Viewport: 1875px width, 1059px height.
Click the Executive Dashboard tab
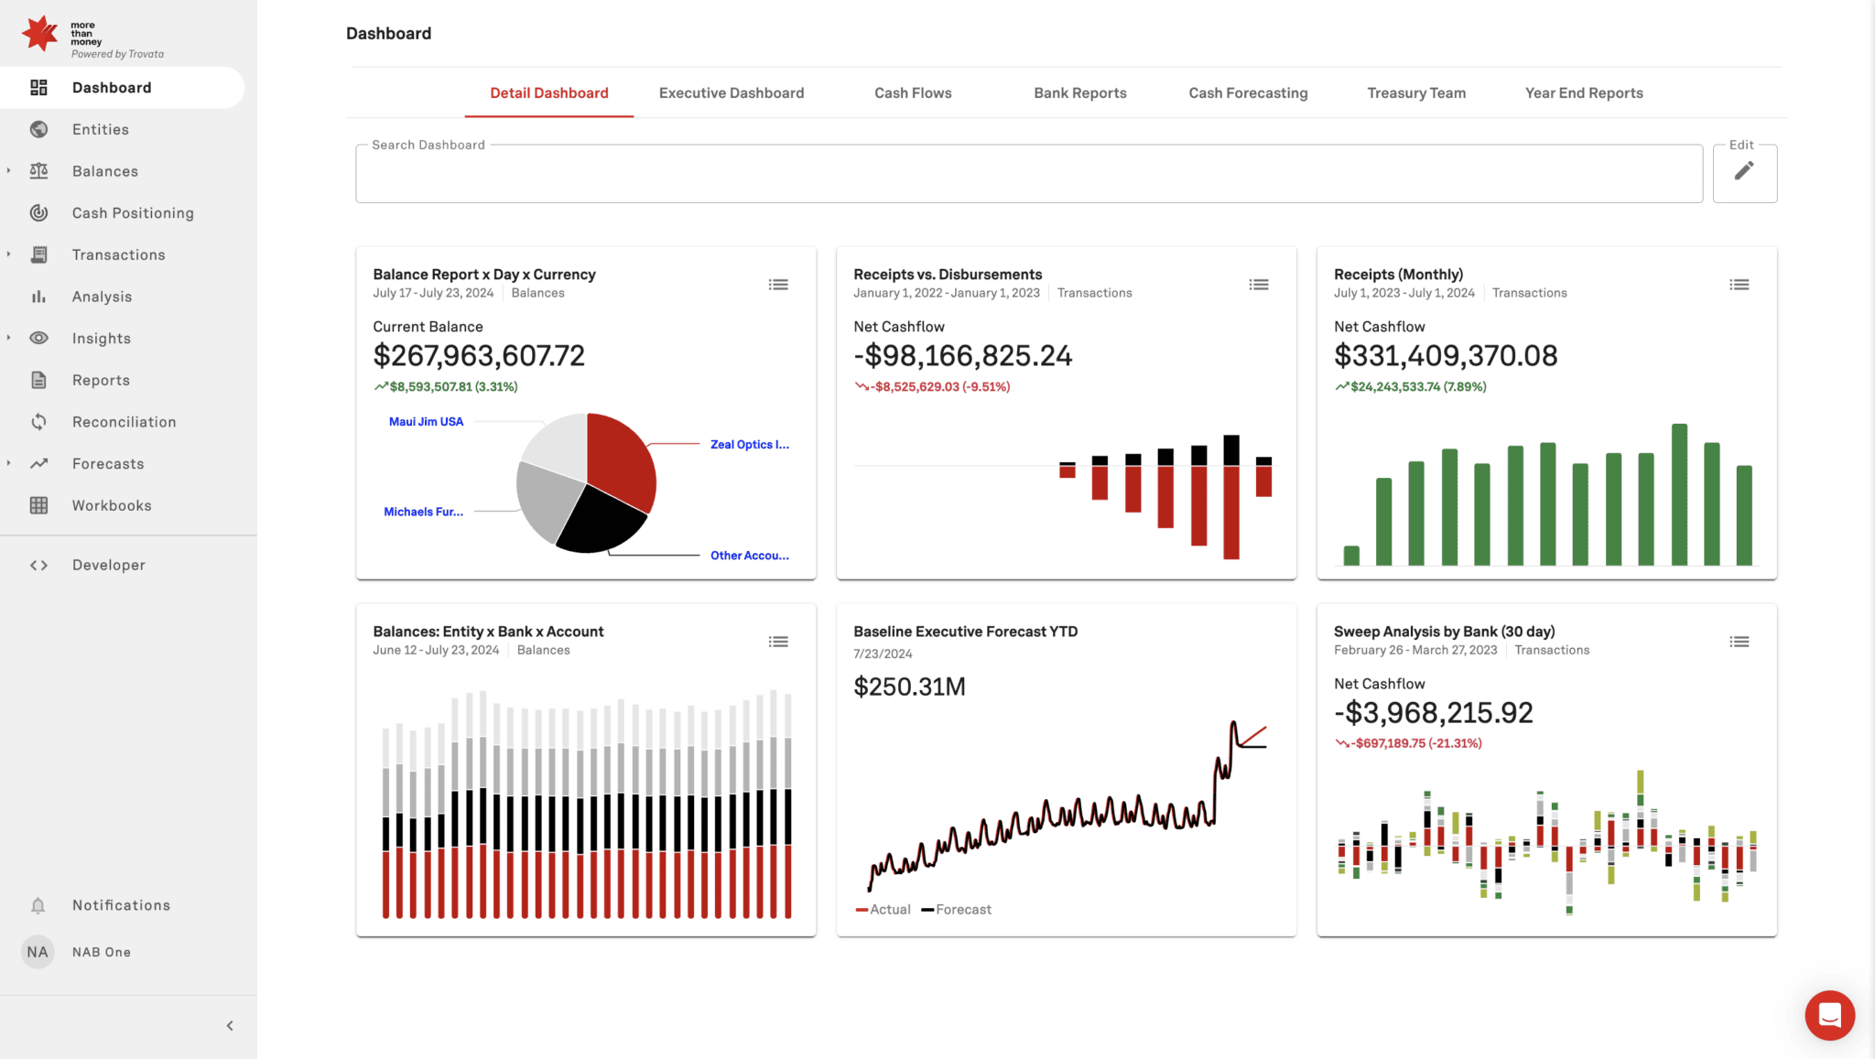point(731,92)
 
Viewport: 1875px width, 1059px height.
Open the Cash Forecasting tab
point(1248,92)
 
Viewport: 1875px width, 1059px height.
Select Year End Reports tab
point(1583,92)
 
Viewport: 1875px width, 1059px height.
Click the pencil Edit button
point(1743,171)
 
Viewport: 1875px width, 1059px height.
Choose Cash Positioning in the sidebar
point(133,213)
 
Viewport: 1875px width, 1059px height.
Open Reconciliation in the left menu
point(124,422)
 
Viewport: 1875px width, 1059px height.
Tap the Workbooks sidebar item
point(112,505)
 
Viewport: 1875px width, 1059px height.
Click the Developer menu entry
point(108,565)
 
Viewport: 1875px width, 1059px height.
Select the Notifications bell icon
point(38,905)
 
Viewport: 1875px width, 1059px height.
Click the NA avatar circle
point(38,952)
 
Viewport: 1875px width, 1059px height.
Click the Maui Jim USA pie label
point(426,422)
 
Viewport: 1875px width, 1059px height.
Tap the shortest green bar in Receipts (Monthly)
point(1350,555)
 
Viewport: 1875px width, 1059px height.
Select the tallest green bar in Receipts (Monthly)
point(1678,494)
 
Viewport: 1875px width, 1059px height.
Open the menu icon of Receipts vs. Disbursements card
point(1258,285)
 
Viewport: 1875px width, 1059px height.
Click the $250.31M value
point(908,686)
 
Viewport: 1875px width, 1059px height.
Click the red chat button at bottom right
point(1828,1014)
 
